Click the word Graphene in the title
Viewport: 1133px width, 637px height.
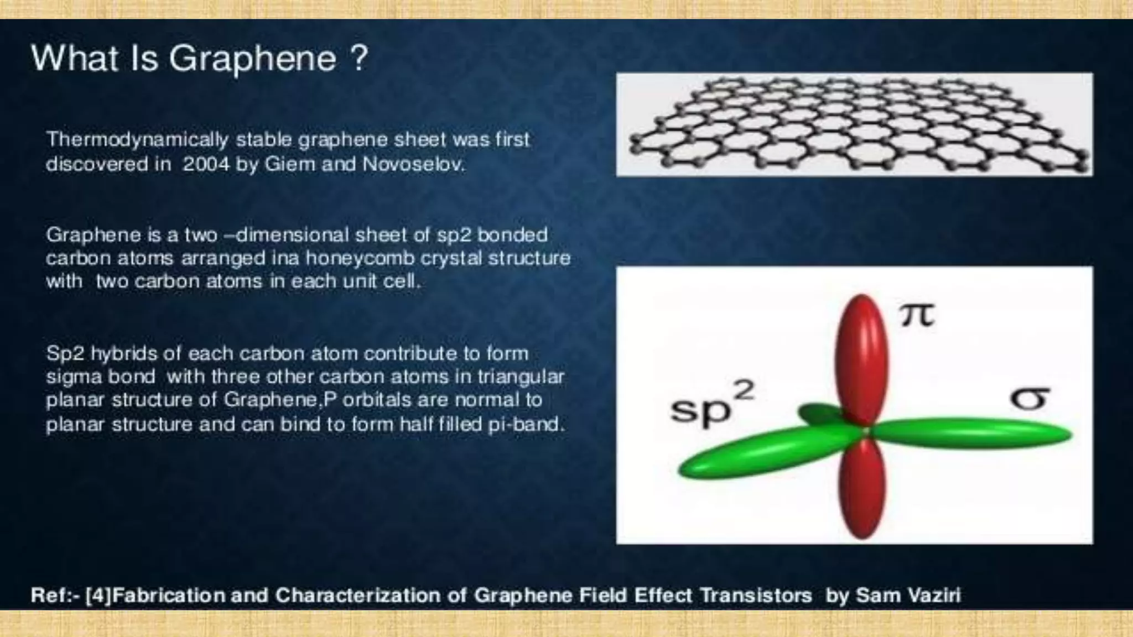click(x=252, y=59)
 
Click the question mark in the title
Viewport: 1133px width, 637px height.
click(x=358, y=58)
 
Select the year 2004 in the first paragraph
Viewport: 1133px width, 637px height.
click(x=206, y=164)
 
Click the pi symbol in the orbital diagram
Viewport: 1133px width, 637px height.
click(x=917, y=316)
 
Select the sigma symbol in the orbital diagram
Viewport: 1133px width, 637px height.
click(x=1029, y=399)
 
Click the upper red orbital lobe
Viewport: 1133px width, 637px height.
click(x=861, y=359)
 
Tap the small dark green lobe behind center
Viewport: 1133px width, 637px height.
click(x=819, y=413)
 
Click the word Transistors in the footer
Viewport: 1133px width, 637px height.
click(x=756, y=596)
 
